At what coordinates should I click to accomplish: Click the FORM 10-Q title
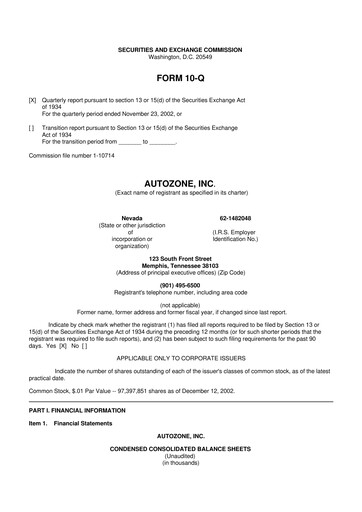click(x=180, y=77)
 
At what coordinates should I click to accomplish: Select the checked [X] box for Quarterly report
click(x=33, y=101)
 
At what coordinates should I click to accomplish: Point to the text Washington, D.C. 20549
click(x=180, y=55)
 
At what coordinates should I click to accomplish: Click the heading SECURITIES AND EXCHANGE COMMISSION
click(x=180, y=48)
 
